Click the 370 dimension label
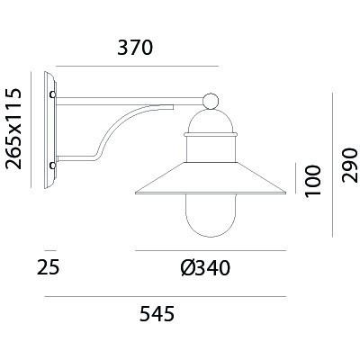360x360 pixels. coord(135,48)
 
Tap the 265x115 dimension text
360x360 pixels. coord(14,129)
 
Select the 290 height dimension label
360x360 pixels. coord(351,165)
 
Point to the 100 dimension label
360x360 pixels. coord(313,181)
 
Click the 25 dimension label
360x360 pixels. coord(49,267)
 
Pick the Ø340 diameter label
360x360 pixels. coord(205,268)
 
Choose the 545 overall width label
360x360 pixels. coord(157,314)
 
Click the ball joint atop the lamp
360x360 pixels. coord(211,102)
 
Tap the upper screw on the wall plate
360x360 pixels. coord(53,94)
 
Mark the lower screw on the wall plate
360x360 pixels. coord(53,166)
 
